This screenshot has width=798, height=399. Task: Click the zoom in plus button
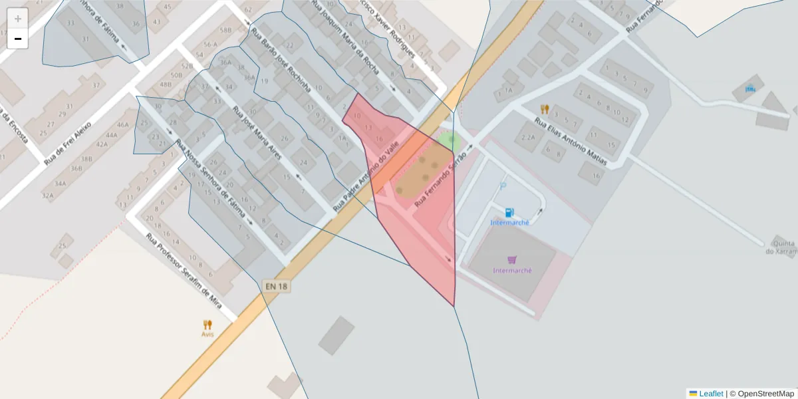[18, 19]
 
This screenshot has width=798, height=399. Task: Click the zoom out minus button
[18, 39]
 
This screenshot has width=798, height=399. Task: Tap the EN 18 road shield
[277, 287]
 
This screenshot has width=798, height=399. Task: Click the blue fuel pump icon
[509, 212]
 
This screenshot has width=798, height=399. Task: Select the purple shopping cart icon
[511, 260]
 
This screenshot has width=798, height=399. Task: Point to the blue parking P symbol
[503, 187]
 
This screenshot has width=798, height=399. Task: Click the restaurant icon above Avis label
[207, 325]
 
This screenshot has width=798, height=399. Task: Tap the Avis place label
[207, 334]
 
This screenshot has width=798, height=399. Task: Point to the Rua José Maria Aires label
[257, 133]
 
